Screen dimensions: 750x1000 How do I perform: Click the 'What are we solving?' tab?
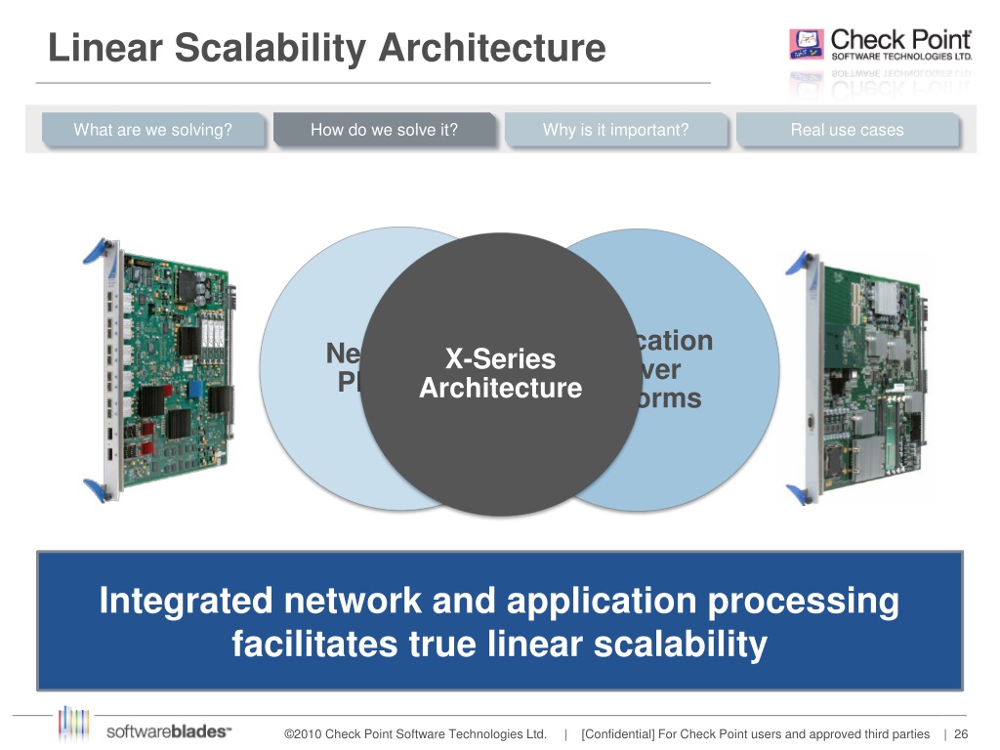point(152,130)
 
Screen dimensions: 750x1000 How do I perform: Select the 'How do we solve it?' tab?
point(384,130)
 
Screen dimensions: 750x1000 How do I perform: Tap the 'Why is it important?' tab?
point(615,130)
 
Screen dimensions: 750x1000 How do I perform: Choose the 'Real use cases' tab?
point(847,130)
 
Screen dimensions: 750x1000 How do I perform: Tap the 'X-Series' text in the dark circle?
point(500,358)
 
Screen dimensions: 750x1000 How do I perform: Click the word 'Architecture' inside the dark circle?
point(500,389)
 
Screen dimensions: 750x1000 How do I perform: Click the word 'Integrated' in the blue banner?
point(186,601)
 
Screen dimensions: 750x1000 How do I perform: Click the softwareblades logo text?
point(167,731)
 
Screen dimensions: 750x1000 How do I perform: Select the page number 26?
point(961,734)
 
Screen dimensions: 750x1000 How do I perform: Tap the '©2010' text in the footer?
point(302,734)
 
